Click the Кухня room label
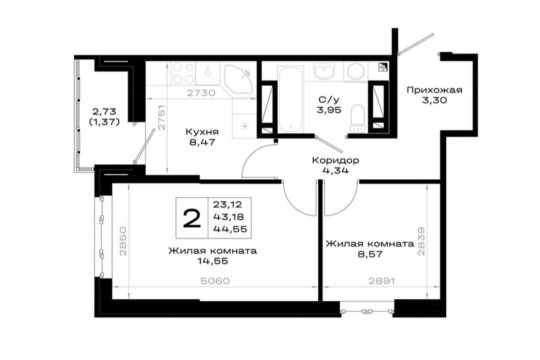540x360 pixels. (202, 132)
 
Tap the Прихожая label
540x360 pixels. (434, 90)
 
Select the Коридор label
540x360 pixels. (335, 160)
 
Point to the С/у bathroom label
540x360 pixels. (329, 100)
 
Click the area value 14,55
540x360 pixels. (213, 261)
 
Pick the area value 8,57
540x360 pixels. (370, 255)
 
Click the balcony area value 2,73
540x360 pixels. (104, 111)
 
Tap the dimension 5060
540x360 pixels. (215, 281)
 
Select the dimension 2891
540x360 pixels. (382, 281)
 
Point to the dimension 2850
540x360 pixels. (123, 241)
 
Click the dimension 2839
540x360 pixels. (421, 241)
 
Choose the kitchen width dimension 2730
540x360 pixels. (201, 93)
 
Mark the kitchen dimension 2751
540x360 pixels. (162, 117)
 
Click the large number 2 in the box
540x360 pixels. (192, 218)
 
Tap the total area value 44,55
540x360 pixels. (230, 229)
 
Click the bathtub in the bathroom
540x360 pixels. (291, 100)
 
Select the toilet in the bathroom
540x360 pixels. (358, 118)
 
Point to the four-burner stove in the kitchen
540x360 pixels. (183, 73)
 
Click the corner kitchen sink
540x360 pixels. (238, 79)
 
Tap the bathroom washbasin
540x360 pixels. (324, 71)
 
